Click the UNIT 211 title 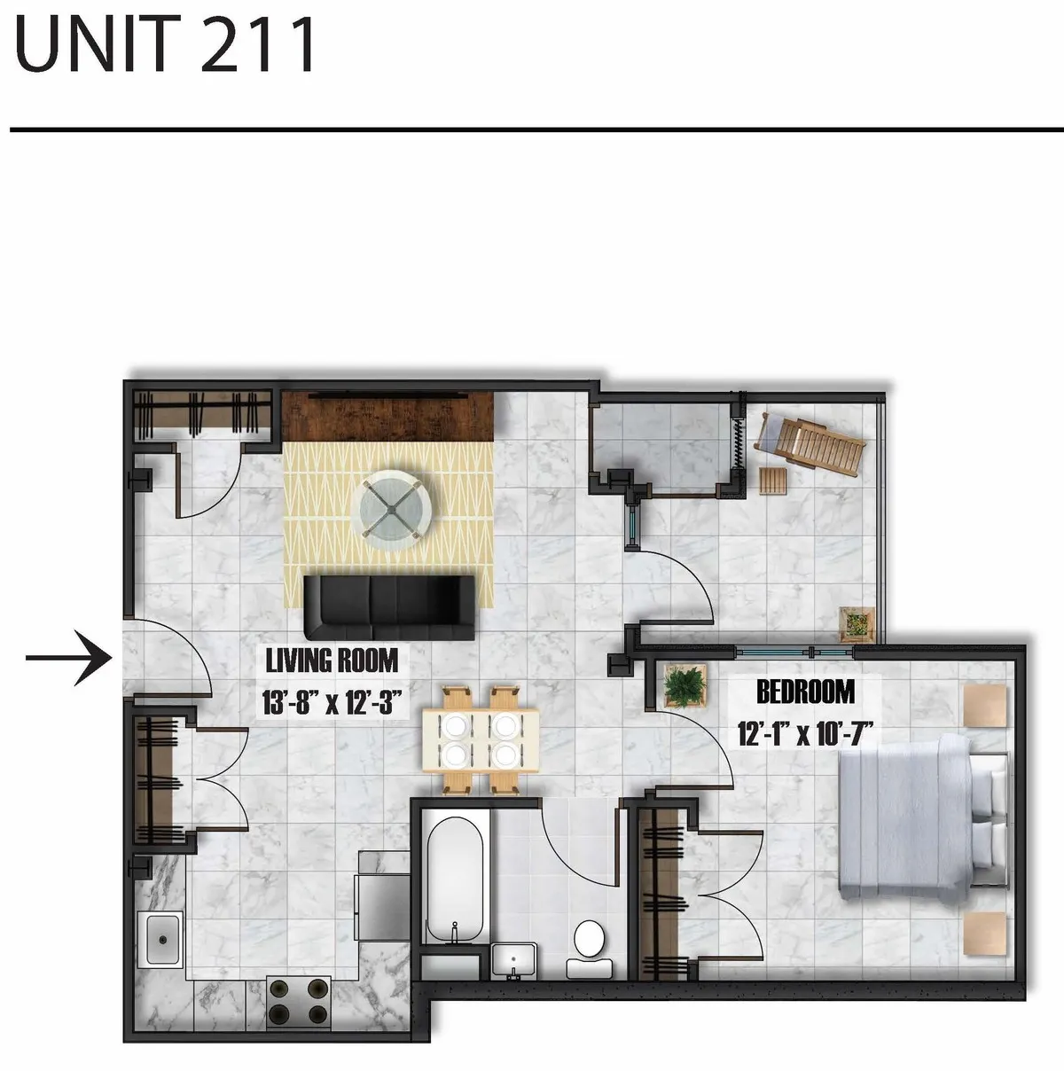click(166, 43)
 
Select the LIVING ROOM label click(332, 661)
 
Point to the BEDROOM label click(805, 692)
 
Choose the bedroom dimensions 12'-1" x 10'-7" click(805, 733)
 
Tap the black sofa click(389, 606)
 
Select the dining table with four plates click(480, 739)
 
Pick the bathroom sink click(513, 960)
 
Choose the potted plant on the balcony click(857, 623)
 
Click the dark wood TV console click(387, 415)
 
